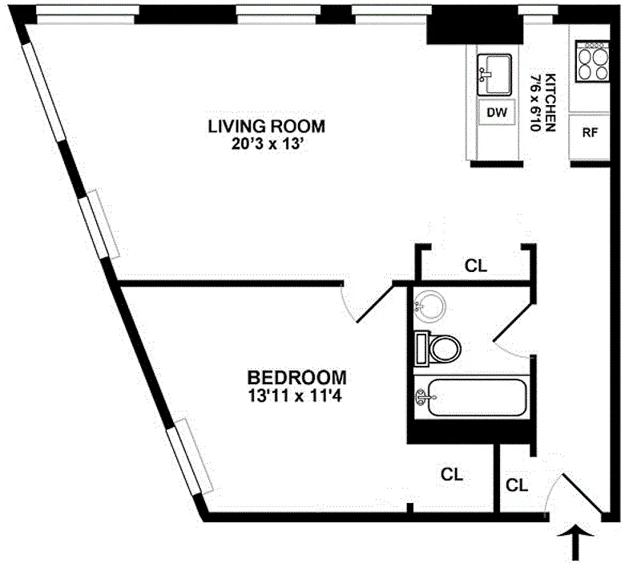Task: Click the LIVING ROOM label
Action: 267,126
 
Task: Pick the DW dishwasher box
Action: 497,112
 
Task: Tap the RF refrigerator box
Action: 590,133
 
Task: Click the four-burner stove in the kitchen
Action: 593,62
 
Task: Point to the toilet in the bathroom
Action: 438,348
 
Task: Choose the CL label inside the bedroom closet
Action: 453,474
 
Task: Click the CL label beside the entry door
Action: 518,485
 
